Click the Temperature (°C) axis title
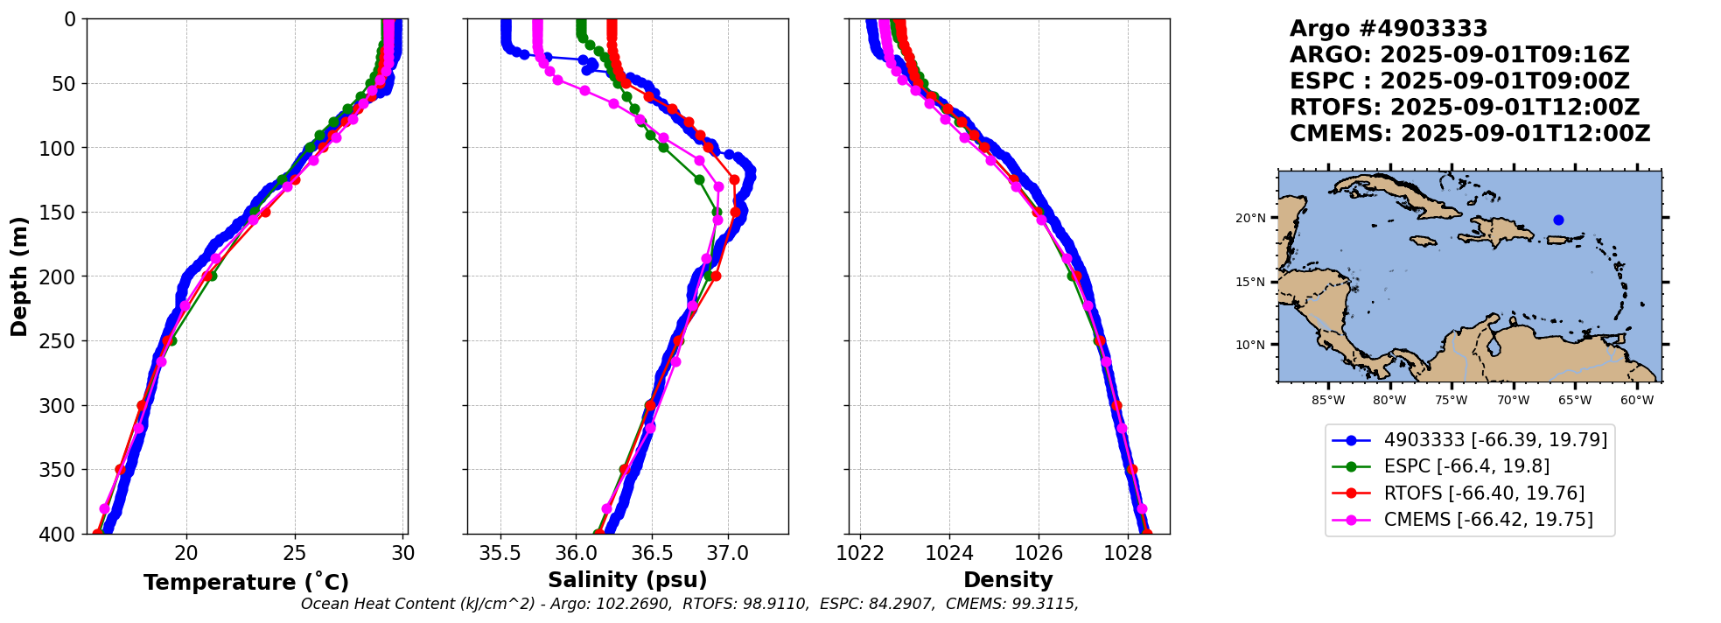click(246, 583)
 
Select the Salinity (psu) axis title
click(627, 580)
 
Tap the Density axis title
click(1008, 580)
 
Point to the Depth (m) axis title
click(19, 276)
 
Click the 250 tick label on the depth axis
click(60, 341)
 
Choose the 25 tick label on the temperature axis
click(295, 553)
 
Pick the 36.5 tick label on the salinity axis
click(652, 553)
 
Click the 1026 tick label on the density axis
click(1039, 553)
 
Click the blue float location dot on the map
click(1558, 220)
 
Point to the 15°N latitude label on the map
click(1250, 282)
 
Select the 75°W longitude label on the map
click(1451, 401)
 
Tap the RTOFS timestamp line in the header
click(1464, 108)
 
